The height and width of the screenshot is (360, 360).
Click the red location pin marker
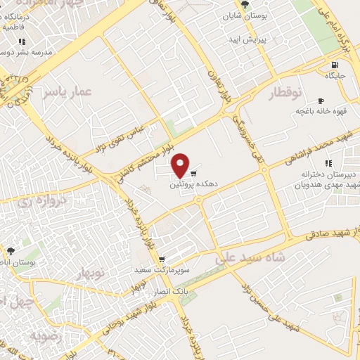click(181, 165)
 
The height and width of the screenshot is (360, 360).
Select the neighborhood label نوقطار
click(285, 93)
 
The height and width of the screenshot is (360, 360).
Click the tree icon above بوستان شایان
click(245, 4)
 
